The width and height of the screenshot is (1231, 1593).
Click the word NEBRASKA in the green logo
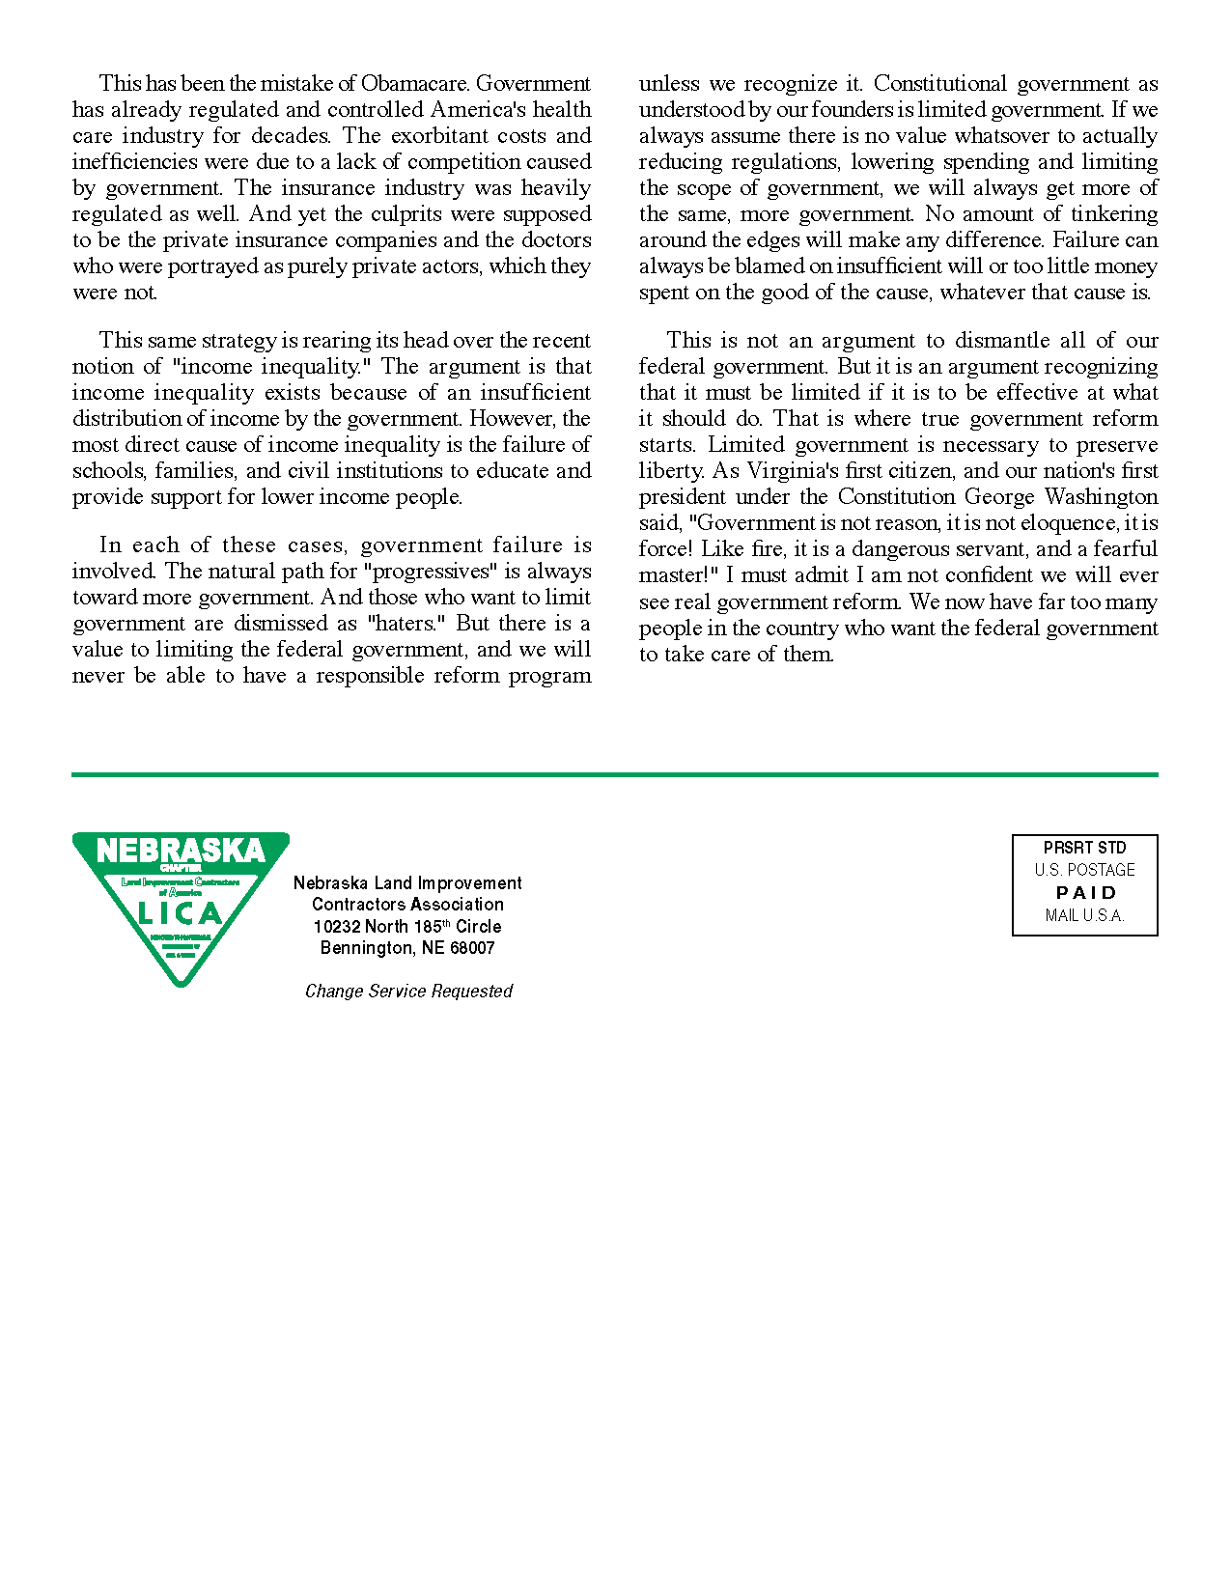[x=181, y=851]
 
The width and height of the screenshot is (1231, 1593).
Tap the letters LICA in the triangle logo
[x=181, y=912]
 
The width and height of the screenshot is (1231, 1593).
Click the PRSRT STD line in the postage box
[x=1084, y=848]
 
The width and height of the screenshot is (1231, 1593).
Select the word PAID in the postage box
[x=1085, y=893]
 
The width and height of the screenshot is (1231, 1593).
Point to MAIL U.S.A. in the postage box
[x=1084, y=916]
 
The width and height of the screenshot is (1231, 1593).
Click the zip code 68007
[x=472, y=948]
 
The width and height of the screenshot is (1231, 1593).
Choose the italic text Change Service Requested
[x=408, y=992]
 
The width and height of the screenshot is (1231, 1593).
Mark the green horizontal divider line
[x=614, y=774]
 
